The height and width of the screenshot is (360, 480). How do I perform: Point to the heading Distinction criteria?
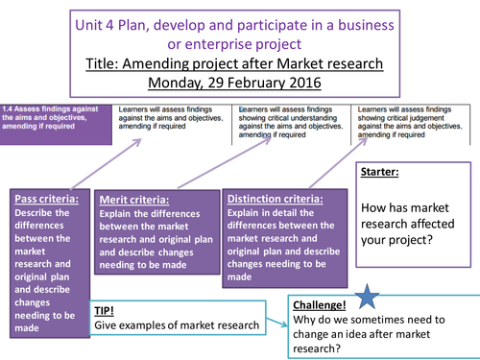coord(274,199)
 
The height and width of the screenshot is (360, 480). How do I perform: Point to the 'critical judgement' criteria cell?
coord(412,118)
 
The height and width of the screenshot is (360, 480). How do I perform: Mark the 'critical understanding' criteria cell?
coord(291,118)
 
